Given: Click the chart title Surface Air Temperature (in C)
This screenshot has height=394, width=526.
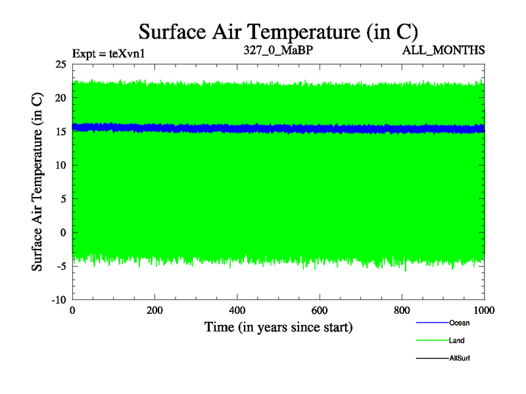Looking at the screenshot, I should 278,31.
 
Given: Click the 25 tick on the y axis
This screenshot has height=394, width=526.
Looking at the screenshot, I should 60,64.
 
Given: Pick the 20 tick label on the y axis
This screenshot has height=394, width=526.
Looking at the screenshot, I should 60,98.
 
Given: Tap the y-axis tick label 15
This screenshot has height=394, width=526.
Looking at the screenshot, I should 60,131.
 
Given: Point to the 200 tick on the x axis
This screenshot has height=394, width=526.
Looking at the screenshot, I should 155,311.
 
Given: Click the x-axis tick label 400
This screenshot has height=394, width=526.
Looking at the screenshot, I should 237,311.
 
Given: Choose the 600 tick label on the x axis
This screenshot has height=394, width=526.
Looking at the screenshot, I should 320,311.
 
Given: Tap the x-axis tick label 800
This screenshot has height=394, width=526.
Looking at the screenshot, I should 402,311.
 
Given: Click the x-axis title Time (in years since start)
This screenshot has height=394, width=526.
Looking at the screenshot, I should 278,326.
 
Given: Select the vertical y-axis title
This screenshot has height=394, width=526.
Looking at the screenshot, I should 39,182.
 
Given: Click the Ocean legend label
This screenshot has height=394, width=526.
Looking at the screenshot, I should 459,322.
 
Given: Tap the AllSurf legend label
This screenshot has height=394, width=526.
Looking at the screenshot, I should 460,358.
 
